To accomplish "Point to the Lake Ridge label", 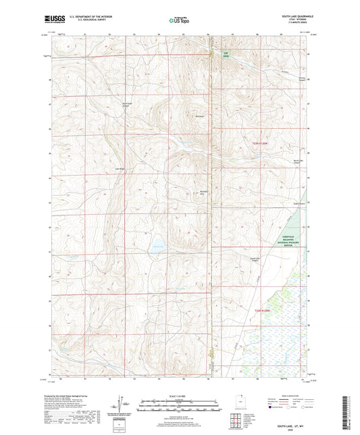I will (121, 169).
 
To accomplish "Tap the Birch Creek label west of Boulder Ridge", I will (126, 104).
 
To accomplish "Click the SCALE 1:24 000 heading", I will (179, 395).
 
